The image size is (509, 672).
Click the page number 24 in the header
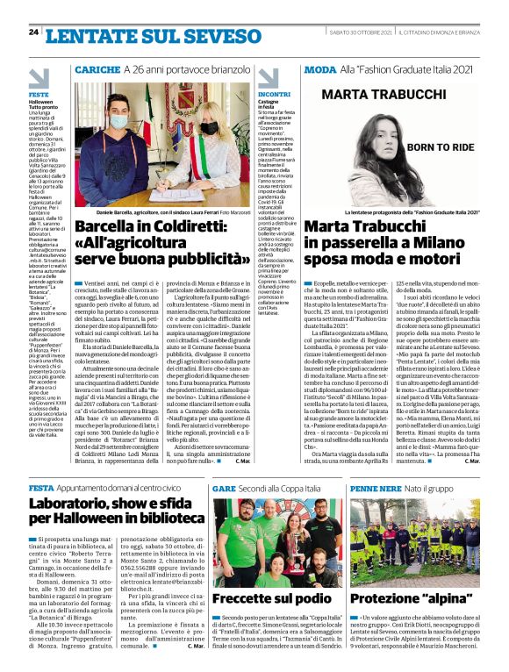coord(34,32)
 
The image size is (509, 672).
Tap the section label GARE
coord(223,487)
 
